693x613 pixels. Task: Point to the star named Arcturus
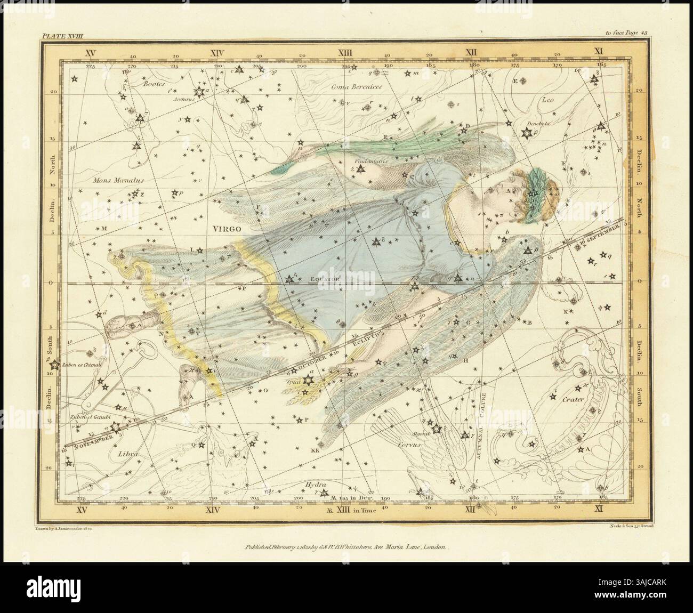tap(200, 92)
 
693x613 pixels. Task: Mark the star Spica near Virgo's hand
tap(307, 380)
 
